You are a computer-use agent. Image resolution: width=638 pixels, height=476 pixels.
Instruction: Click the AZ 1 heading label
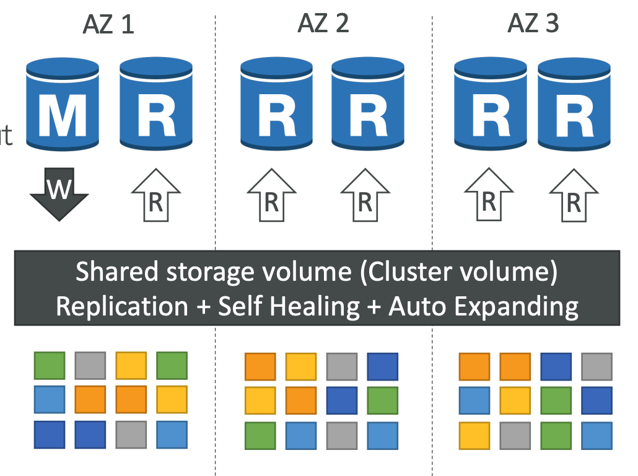point(108,24)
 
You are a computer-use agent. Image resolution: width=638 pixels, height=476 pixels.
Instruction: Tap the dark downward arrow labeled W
point(59,193)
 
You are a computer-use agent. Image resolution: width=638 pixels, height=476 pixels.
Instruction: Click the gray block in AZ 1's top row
point(90,366)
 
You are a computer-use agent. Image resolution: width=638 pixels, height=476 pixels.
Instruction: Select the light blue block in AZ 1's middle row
point(49,399)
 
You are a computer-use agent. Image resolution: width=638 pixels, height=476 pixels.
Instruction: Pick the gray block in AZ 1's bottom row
point(131,434)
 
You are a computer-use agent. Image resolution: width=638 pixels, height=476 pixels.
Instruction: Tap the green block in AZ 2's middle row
point(382,400)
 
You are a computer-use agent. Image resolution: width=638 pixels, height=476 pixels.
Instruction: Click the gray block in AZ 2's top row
point(342,366)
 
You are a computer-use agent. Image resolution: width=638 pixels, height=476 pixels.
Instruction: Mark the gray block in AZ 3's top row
point(596,366)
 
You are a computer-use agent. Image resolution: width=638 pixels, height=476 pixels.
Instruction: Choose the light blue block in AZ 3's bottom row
point(596,436)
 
